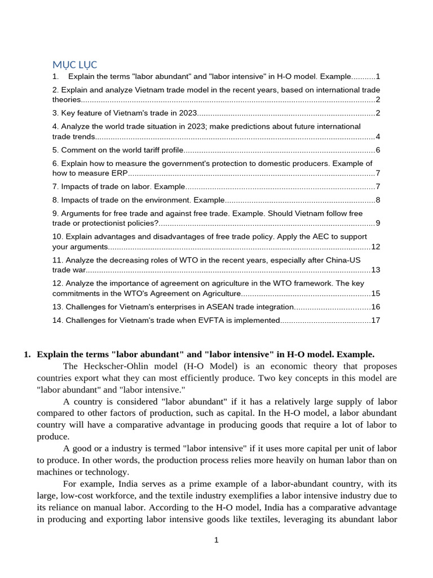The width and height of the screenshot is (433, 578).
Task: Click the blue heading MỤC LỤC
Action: pos(75,64)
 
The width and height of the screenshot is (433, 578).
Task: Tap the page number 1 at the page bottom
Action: pos(216,540)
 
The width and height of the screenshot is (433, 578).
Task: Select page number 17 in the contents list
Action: pos(375,321)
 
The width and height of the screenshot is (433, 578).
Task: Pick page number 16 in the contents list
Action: pos(375,307)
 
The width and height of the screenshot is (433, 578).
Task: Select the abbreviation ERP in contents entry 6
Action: pos(120,173)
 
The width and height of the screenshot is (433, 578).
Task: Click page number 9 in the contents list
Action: pos(378,223)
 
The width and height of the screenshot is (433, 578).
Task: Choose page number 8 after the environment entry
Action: pos(378,200)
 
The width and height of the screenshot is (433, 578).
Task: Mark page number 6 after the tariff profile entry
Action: pos(378,150)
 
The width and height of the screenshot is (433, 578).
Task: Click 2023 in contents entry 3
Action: pos(188,113)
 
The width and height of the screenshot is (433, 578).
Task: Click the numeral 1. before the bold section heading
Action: pos(27,354)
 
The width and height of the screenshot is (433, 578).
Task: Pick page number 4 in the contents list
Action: pos(378,137)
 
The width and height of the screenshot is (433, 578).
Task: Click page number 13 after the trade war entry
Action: pos(375,270)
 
